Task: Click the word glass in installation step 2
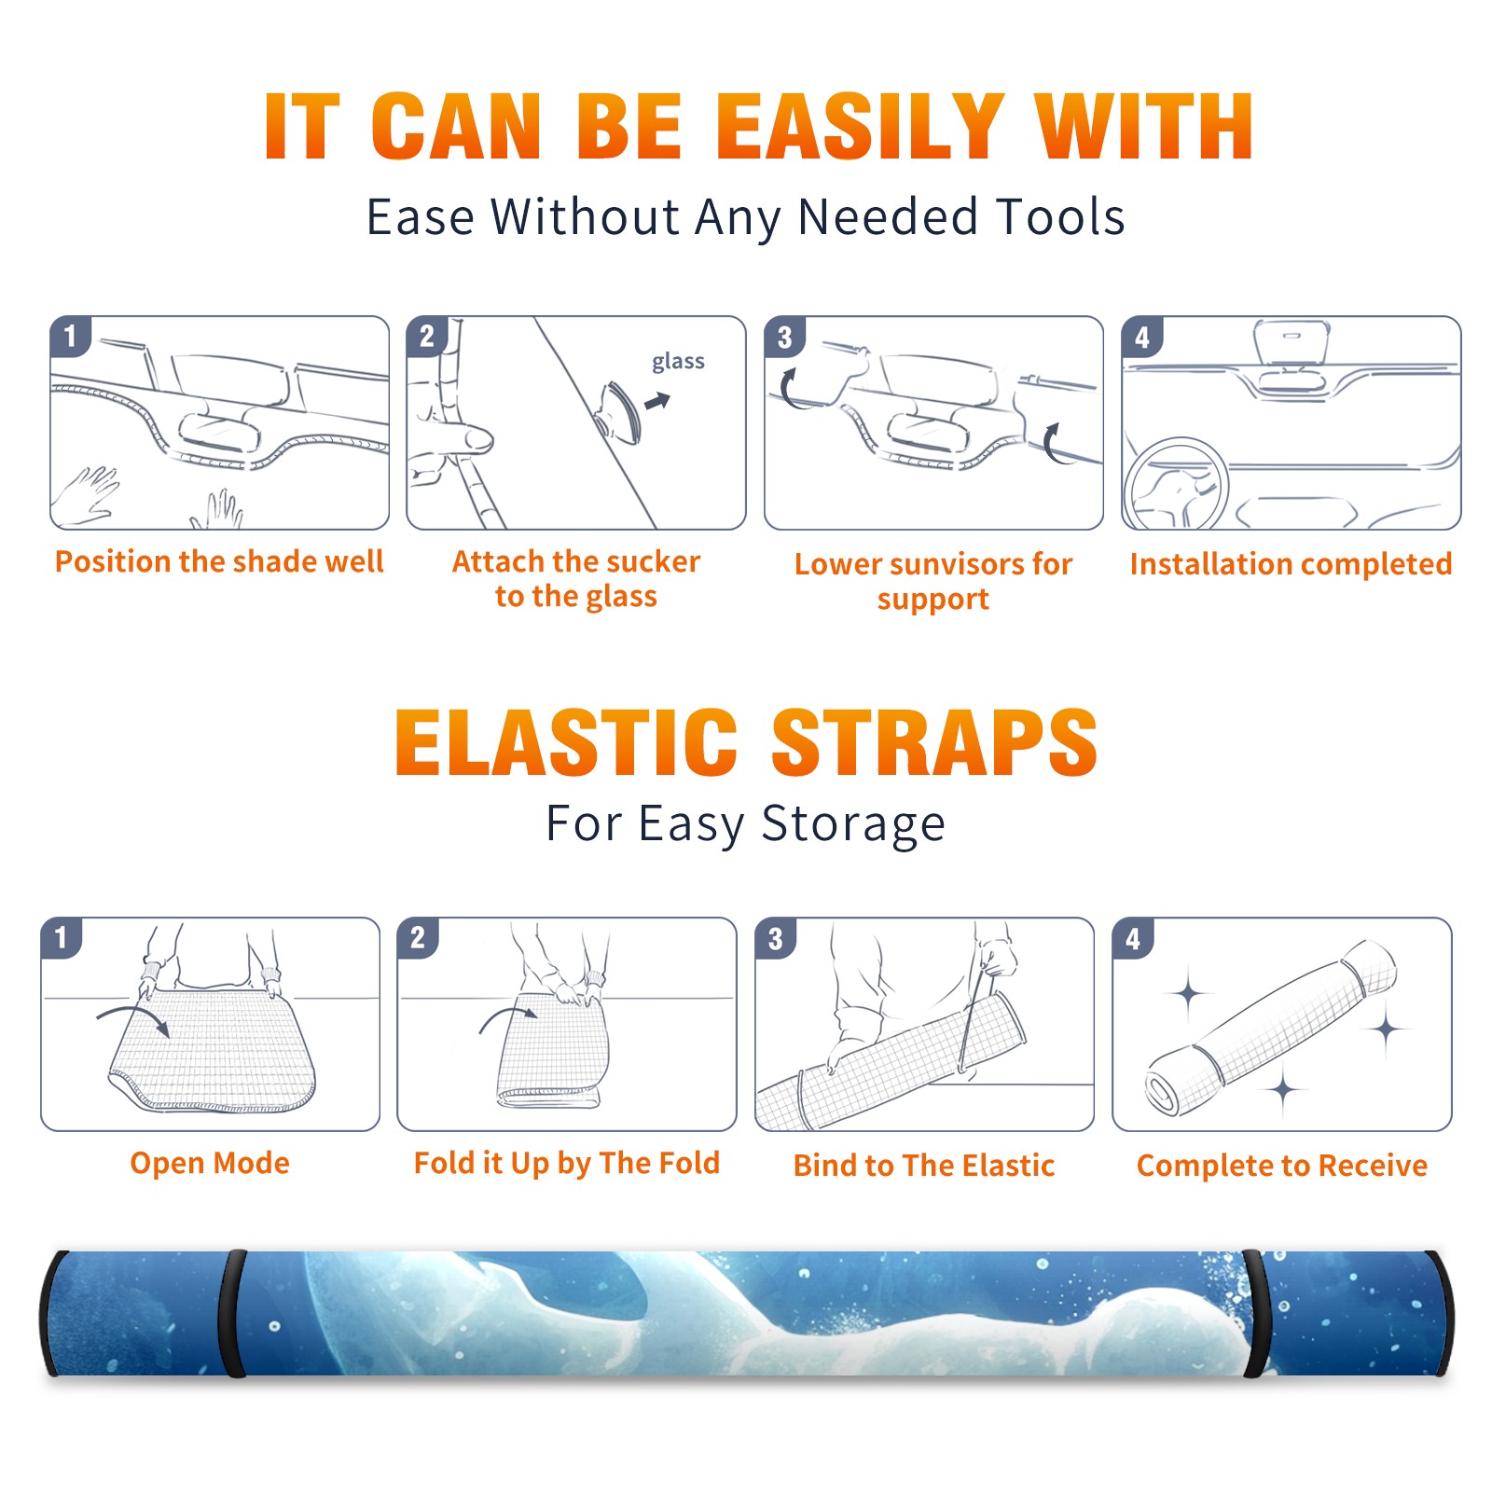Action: (x=678, y=362)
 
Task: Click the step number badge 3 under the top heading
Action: (x=785, y=337)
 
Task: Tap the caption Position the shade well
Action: (x=219, y=561)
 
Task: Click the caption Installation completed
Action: (x=1291, y=563)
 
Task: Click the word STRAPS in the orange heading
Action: (x=934, y=742)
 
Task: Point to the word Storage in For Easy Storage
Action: (x=853, y=824)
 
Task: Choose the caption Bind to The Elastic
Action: (x=924, y=1166)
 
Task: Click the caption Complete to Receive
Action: (x=1282, y=1166)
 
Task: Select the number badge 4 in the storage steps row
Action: (x=1133, y=938)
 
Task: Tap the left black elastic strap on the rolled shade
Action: (x=232, y=1313)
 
